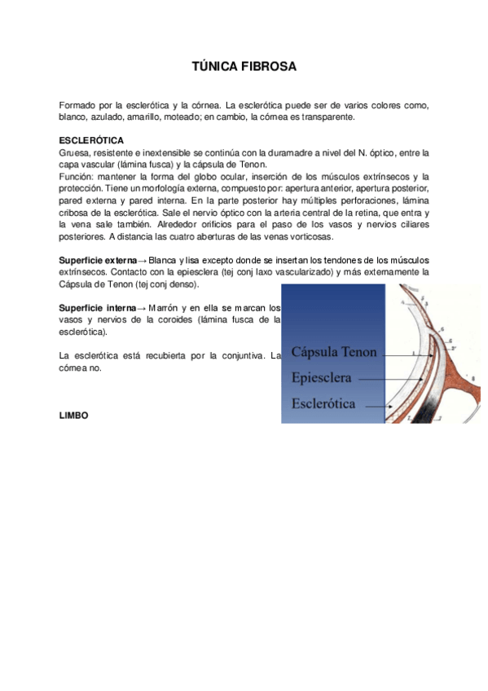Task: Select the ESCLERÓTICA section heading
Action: (91, 140)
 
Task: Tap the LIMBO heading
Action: (73, 415)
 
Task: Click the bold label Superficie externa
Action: (98, 260)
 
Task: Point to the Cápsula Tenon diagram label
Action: (334, 353)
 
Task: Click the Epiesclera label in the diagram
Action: (322, 378)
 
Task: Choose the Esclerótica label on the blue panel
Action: (328, 403)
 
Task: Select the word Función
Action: (77, 177)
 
